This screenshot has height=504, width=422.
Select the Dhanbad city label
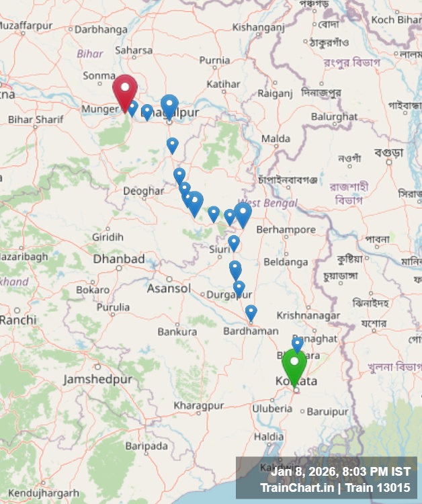[x=118, y=259]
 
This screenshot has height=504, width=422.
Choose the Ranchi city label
[x=18, y=320]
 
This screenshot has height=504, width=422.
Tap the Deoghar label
[x=143, y=191]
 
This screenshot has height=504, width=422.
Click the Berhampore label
[x=286, y=229]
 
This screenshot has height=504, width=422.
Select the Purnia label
[x=214, y=60]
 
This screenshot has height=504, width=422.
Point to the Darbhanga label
[x=101, y=30]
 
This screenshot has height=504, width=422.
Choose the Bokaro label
[x=93, y=290]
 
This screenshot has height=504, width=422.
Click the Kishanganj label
[x=258, y=28]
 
